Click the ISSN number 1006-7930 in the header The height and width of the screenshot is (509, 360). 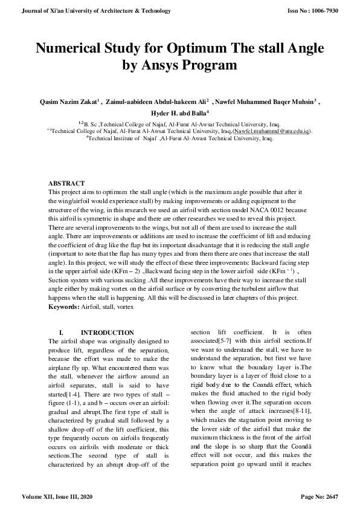pos(335,11)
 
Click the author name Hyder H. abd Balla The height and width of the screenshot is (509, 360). pos(179,113)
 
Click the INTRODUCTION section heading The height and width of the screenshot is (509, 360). pos(108,333)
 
